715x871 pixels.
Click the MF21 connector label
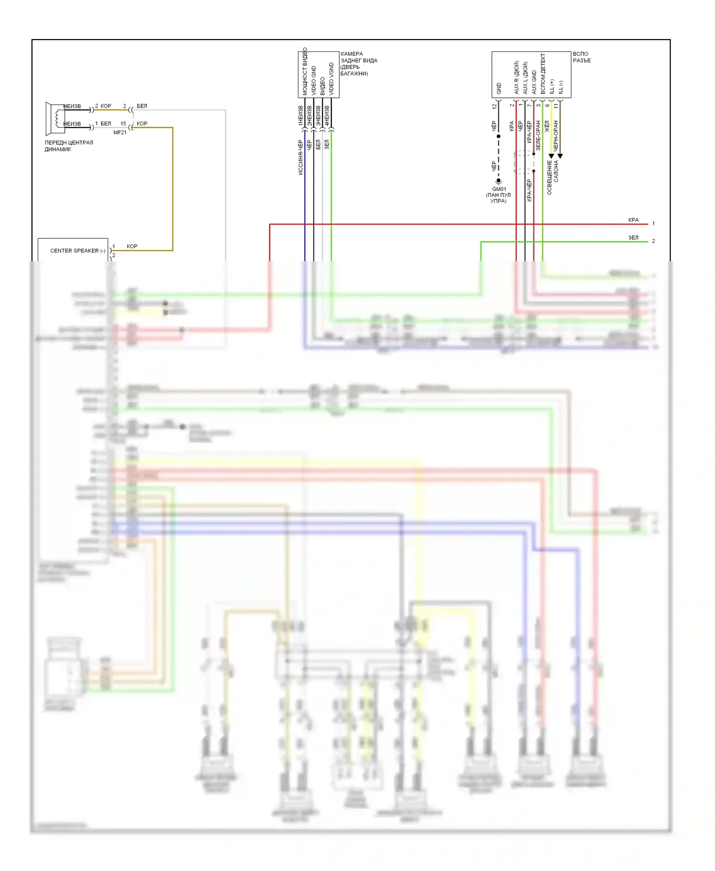[x=120, y=132]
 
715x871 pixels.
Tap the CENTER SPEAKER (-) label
[x=78, y=251]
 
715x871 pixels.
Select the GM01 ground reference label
[x=499, y=189]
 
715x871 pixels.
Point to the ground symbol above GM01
[x=499, y=182]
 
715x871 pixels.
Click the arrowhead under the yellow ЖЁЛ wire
[x=551, y=156]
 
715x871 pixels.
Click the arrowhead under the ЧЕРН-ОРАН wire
[x=560, y=156]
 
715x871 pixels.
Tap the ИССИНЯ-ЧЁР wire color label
[x=300, y=157]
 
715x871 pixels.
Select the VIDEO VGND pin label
[x=331, y=79]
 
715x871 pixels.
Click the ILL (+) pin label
[x=552, y=86]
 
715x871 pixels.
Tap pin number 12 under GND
[x=494, y=106]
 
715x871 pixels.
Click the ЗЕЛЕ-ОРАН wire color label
[x=538, y=135]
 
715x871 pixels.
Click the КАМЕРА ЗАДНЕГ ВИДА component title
[x=358, y=63]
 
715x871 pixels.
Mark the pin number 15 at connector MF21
[x=123, y=124]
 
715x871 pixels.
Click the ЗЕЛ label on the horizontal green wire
[x=633, y=238]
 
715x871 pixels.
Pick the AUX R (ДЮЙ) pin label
[x=516, y=77]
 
